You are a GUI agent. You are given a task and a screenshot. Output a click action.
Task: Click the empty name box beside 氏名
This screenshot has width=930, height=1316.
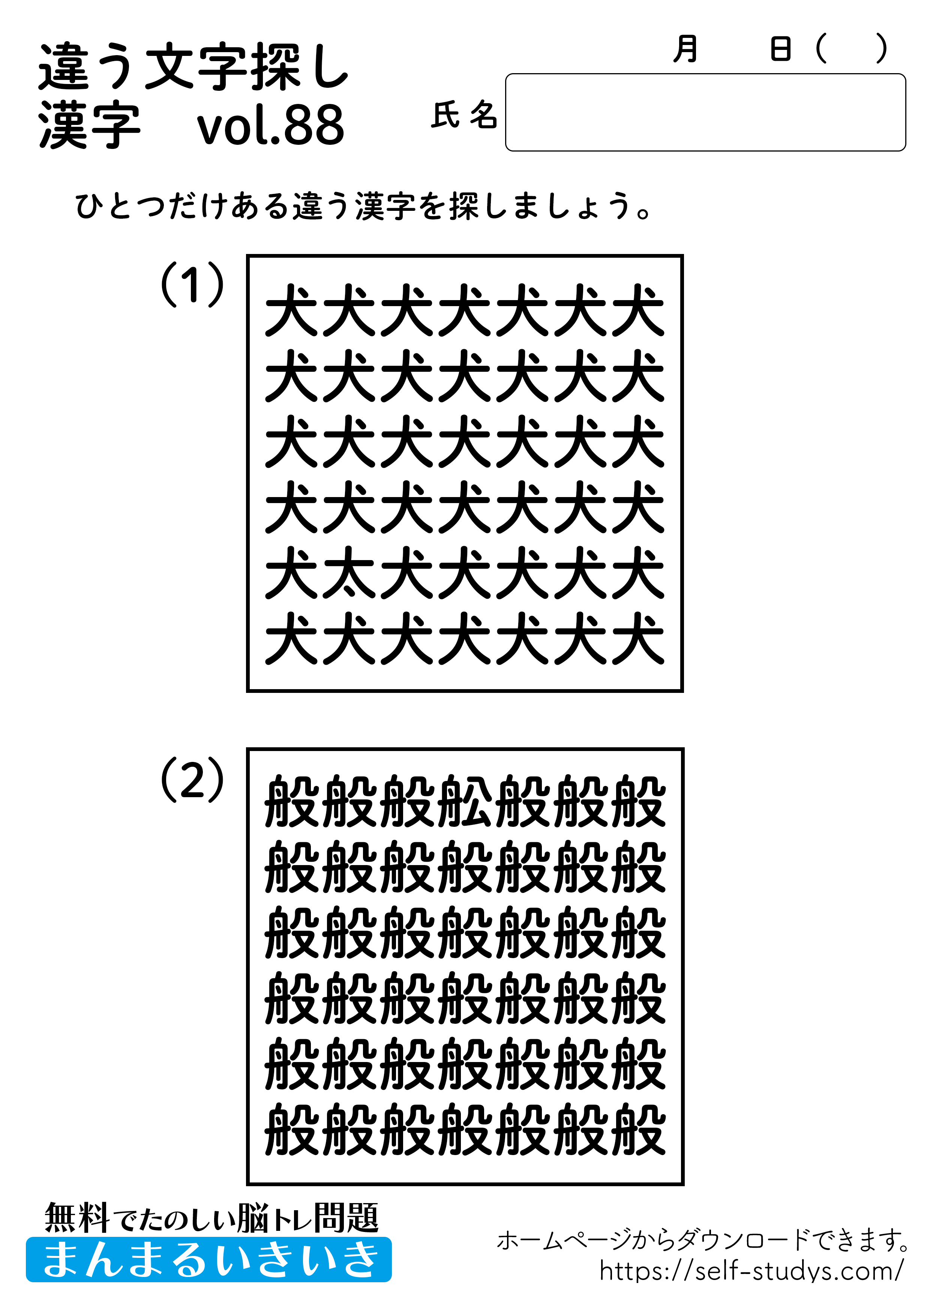705,112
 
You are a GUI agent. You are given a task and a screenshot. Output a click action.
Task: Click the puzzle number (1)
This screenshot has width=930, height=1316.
192,284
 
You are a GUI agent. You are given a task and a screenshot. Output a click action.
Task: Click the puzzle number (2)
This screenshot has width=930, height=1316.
192,780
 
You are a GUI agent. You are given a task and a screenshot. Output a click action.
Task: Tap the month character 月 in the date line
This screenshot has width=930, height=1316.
685,49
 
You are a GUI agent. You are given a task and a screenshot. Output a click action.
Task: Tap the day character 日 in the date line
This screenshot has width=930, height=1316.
780,49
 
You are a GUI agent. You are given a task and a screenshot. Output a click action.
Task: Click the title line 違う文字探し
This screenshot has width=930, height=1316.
193,68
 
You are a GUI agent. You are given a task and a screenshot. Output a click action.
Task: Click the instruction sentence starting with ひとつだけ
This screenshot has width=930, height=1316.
363,206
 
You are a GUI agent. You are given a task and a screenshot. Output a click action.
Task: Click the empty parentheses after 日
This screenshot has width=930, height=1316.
852,49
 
